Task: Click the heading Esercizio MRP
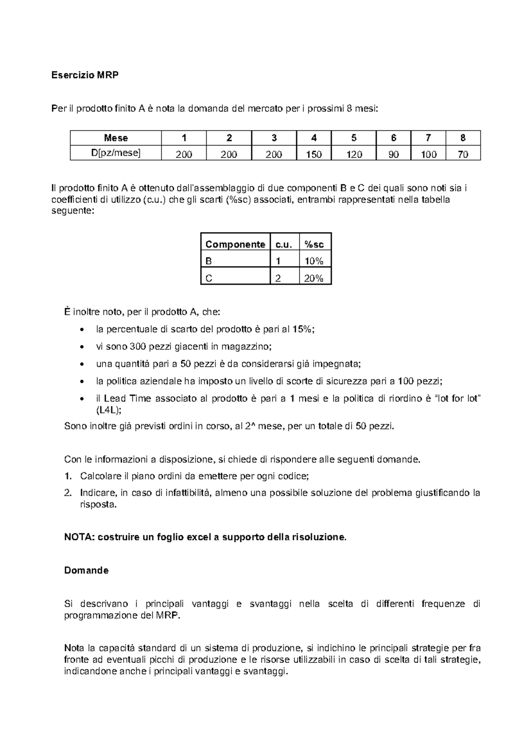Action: coord(85,75)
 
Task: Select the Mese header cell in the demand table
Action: coord(116,138)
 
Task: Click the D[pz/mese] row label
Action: coord(116,153)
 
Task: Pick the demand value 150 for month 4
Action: coord(314,154)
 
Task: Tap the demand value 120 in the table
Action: coord(354,154)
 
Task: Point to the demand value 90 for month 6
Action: coord(393,154)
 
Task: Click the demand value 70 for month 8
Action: coord(463,154)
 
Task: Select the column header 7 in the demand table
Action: coord(428,138)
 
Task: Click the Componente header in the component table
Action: coord(235,245)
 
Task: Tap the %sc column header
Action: coord(314,245)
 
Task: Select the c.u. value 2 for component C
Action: coord(278,278)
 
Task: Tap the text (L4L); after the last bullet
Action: coord(108,410)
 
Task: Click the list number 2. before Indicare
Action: coord(68,493)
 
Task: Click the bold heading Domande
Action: coord(86,570)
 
